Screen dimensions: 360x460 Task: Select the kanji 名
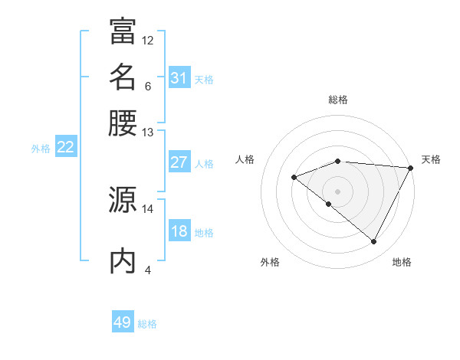pyautogui.click(x=123, y=77)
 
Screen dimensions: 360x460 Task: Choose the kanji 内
pyautogui.click(x=123, y=260)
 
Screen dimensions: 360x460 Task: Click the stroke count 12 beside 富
pyautogui.click(x=148, y=40)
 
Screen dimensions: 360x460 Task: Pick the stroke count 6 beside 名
pyautogui.click(x=148, y=86)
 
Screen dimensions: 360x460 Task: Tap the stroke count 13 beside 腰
pyautogui.click(x=148, y=132)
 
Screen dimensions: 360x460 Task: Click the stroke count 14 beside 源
pyautogui.click(x=148, y=208)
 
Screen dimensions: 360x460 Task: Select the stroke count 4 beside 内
pyautogui.click(x=148, y=270)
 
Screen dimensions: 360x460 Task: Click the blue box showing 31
pyautogui.click(x=179, y=78)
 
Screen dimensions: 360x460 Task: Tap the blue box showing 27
pyautogui.click(x=179, y=162)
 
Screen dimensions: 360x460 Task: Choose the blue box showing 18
pyautogui.click(x=179, y=232)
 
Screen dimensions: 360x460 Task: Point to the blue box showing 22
pyautogui.click(x=65, y=147)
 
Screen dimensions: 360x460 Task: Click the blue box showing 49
pyautogui.click(x=122, y=322)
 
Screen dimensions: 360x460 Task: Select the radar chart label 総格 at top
pyautogui.click(x=338, y=100)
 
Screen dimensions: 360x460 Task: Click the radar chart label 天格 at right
pyautogui.click(x=431, y=159)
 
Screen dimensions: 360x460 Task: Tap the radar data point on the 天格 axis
pyautogui.click(x=411, y=168)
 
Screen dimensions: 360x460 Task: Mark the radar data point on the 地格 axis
pyautogui.click(x=374, y=241)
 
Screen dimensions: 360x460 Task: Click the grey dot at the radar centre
pyautogui.click(x=338, y=191)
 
